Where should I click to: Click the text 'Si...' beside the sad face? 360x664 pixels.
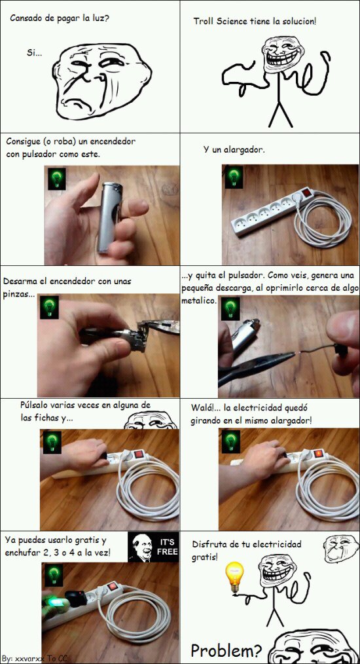[x=34, y=52]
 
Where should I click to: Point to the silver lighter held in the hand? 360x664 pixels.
[x=108, y=216]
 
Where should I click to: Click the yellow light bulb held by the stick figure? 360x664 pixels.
[x=234, y=577]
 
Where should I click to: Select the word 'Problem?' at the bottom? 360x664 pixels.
[x=226, y=650]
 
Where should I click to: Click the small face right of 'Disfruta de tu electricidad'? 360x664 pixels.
[x=337, y=545]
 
